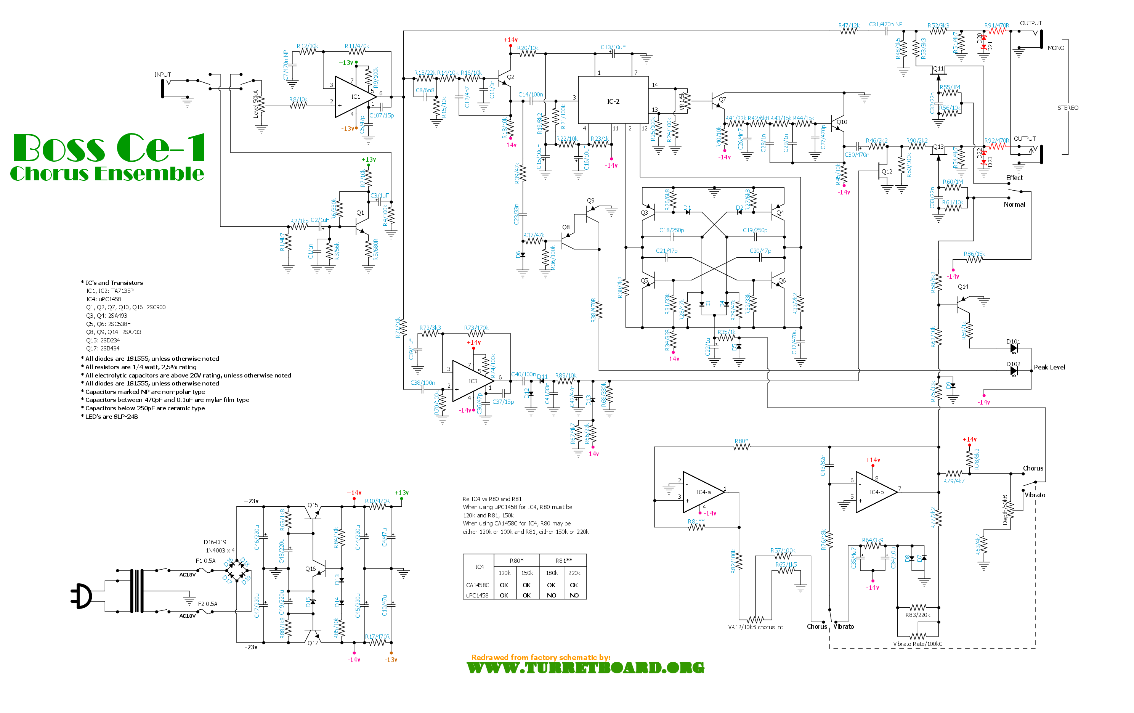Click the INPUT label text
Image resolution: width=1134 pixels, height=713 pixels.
[x=162, y=74]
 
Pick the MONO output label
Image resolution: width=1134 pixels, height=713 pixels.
[x=1055, y=48]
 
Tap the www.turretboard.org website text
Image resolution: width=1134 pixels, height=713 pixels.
[x=585, y=668]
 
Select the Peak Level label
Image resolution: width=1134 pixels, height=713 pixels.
[x=1049, y=367]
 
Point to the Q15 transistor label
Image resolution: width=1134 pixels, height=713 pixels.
[x=313, y=505]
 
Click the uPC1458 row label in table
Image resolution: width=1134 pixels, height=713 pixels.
[x=477, y=595]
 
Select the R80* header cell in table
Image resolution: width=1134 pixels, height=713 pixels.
[x=516, y=560]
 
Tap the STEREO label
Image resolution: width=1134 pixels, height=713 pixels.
[x=1068, y=108]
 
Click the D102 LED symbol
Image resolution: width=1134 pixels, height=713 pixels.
[x=1014, y=371]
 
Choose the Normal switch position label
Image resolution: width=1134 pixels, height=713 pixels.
[x=1014, y=204]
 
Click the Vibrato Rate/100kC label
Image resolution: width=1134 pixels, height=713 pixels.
[x=917, y=644]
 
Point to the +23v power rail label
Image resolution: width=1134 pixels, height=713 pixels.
[x=251, y=501]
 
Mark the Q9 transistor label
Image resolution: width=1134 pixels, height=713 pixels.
[x=590, y=201]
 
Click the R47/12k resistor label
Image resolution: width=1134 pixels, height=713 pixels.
[x=848, y=25]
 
